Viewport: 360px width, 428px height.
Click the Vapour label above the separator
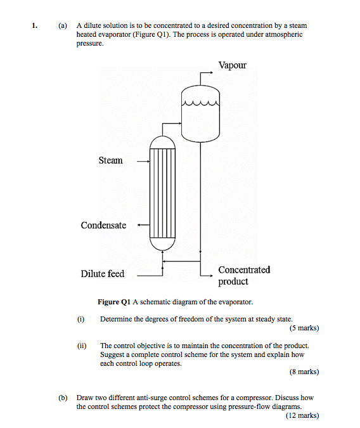(232, 65)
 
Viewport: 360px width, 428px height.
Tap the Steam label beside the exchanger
(110, 160)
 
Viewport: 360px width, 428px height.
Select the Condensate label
(103, 225)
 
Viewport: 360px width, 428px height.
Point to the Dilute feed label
(102, 274)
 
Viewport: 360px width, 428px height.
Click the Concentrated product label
(244, 275)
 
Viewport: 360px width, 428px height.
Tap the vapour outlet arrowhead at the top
(212, 73)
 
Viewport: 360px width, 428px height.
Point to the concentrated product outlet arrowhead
(211, 276)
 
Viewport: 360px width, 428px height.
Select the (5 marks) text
(304, 328)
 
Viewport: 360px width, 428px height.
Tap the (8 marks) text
(304, 372)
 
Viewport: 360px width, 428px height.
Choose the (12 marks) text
(302, 415)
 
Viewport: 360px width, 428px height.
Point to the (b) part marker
(62, 398)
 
